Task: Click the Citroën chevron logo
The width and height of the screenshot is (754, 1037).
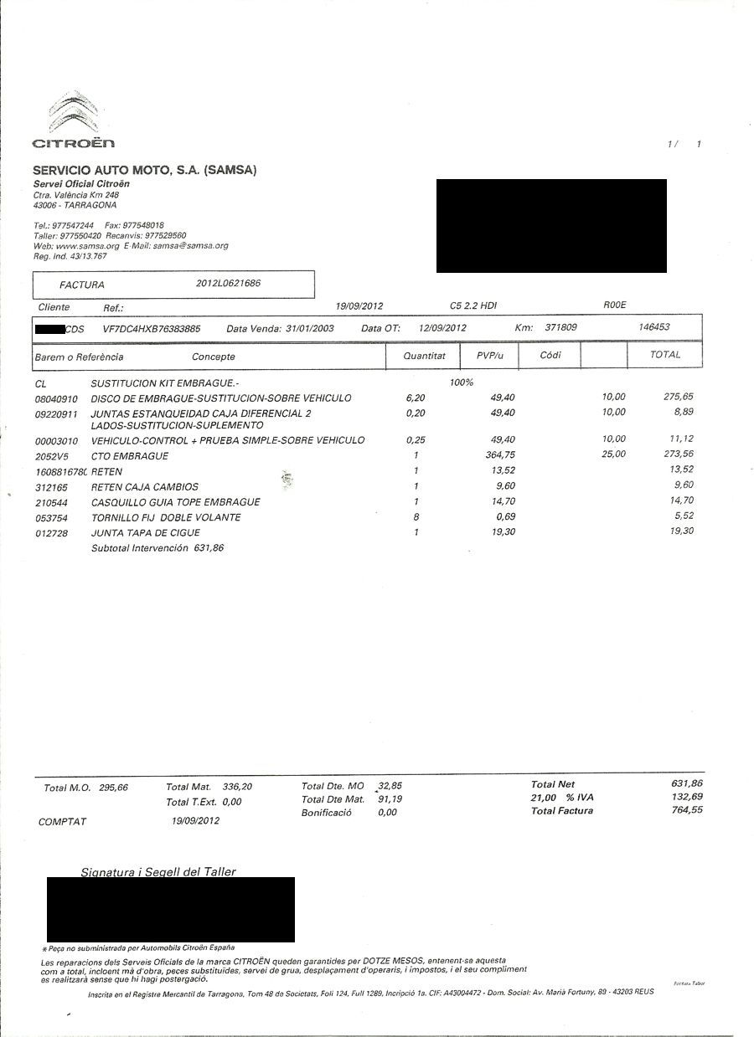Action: (74, 114)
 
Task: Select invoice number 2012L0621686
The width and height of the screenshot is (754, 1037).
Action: (228, 284)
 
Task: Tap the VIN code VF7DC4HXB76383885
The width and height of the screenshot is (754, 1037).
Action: (152, 329)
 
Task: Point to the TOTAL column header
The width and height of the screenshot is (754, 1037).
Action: (665, 355)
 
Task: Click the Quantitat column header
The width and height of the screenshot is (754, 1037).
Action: (424, 356)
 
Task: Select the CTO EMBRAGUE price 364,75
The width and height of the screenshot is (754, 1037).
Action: (499, 455)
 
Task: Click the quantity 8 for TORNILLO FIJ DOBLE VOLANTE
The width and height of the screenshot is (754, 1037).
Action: (416, 517)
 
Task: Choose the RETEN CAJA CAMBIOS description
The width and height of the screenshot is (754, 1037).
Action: (144, 487)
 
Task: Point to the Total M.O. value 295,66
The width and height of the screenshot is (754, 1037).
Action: (113, 788)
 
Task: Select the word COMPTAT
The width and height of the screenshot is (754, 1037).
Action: (62, 822)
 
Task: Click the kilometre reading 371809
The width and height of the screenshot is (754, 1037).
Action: (561, 327)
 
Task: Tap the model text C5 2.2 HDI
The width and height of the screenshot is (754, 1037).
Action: (473, 306)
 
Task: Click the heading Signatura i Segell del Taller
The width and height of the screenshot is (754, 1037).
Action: (158, 872)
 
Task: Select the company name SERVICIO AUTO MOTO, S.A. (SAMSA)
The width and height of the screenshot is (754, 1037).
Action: (144, 170)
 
